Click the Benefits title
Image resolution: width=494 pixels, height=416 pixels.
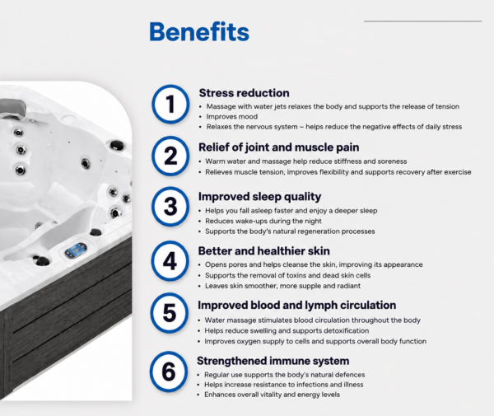199,31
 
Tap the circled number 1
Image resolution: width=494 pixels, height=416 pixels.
170,104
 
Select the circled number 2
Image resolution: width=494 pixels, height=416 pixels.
170,156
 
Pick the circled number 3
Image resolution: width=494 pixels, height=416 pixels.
170,207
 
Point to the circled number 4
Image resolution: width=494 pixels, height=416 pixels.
170,261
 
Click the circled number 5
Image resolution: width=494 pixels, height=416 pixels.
169,313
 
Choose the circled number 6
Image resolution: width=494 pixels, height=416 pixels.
169,372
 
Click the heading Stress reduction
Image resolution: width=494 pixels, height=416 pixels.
245,93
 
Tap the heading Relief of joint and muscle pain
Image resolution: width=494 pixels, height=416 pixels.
279,147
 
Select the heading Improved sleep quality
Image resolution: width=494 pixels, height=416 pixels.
259,197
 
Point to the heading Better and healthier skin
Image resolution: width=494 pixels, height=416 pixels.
264,251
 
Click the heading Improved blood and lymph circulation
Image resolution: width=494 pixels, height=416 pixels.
296,305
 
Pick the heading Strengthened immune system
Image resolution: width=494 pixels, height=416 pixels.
273,361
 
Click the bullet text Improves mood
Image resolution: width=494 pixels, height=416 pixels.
232,117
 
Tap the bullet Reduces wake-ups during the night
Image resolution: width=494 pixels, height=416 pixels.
263,221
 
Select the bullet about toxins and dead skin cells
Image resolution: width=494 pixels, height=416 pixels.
287,275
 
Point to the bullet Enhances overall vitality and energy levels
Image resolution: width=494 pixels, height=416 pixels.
272,395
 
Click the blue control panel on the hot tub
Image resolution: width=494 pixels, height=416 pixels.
76,250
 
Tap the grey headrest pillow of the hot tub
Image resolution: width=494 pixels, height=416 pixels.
12,107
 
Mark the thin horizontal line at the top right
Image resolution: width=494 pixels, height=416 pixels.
423,21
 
